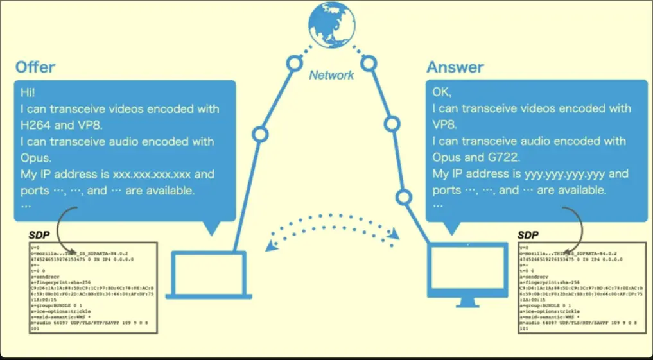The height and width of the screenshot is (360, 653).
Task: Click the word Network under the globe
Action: pos(331,75)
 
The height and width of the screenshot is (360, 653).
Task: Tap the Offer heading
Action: pos(35,67)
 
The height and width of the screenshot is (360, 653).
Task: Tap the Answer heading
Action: pos(455,67)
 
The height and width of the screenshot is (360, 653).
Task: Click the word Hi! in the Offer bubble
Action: pos(29,92)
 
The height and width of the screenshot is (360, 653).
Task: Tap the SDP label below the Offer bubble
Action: pos(39,236)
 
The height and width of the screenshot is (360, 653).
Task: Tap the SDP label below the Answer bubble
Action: pos(528,236)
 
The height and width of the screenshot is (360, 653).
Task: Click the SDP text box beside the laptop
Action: pos(92,287)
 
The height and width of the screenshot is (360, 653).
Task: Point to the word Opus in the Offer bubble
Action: pos(35,158)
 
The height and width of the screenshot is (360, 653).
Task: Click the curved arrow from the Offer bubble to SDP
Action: pos(67,228)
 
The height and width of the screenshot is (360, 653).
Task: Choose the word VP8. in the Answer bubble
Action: pos(447,125)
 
